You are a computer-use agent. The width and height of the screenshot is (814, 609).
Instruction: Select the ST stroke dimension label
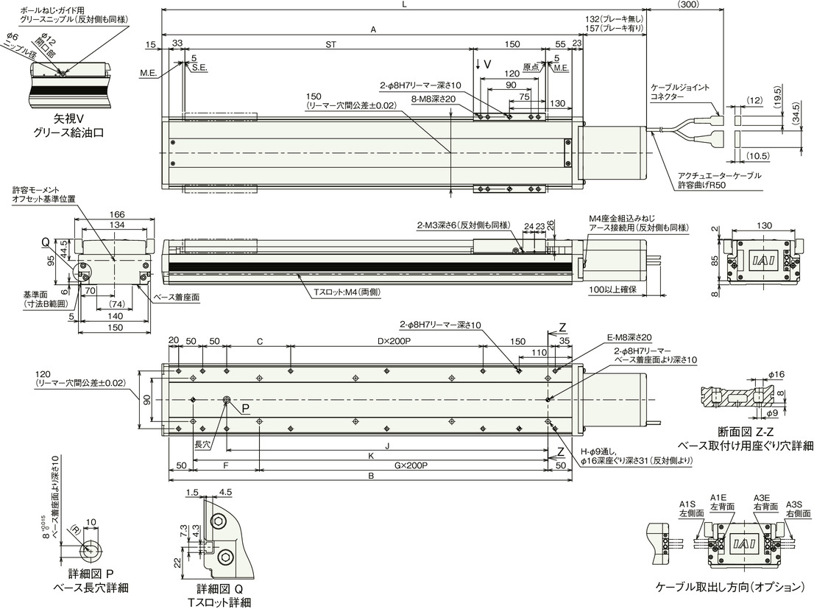(x=330, y=45)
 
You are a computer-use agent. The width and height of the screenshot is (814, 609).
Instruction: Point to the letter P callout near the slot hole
(x=245, y=409)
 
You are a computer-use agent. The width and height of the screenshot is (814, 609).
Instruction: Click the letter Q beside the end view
(x=46, y=242)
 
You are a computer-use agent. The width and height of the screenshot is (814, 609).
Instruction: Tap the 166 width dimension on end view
(x=117, y=215)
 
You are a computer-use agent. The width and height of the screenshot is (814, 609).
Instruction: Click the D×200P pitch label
(x=393, y=342)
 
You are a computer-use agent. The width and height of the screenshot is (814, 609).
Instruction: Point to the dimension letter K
(x=371, y=455)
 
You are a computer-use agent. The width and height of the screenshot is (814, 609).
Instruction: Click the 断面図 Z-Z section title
(x=746, y=432)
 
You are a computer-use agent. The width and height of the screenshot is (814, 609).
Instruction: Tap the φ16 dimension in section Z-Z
(x=776, y=374)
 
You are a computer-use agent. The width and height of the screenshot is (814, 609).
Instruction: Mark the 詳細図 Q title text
(x=219, y=588)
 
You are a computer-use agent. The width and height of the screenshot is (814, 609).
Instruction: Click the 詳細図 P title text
(x=91, y=574)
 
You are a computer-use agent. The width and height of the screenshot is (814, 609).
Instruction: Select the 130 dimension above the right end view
(x=764, y=225)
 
